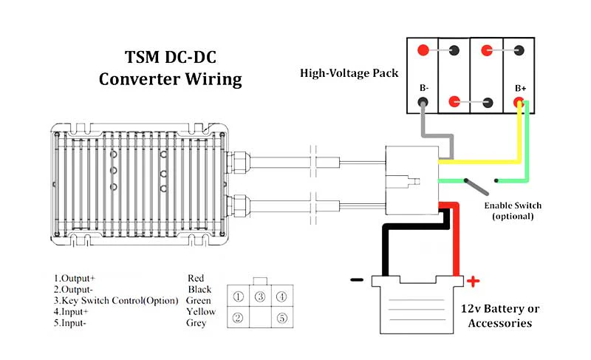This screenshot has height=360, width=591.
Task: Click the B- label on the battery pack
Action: [424, 88]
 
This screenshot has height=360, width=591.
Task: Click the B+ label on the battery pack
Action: [521, 88]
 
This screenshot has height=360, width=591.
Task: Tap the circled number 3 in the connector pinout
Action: [260, 297]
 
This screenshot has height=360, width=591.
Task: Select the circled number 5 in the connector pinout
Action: [282, 318]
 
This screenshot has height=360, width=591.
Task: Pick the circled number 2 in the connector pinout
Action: [238, 318]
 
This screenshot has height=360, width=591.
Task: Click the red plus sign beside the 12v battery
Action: [473, 281]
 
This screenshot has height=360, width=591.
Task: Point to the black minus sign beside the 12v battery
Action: [357, 279]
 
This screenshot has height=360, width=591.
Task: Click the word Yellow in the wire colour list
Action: [201, 312]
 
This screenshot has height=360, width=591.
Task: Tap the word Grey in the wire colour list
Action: [196, 323]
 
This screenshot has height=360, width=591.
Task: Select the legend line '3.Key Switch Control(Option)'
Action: [116, 301]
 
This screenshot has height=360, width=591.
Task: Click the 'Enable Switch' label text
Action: [513, 206]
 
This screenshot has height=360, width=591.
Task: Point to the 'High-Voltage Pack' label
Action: [349, 72]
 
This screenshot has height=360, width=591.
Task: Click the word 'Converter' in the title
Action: [140, 79]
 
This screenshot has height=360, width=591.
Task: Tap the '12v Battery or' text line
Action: [500, 309]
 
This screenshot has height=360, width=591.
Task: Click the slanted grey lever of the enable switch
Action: [476, 186]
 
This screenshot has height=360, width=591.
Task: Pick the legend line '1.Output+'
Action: [75, 279]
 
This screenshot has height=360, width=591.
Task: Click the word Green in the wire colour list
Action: [198, 301]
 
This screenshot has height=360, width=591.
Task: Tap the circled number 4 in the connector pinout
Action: [281, 297]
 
